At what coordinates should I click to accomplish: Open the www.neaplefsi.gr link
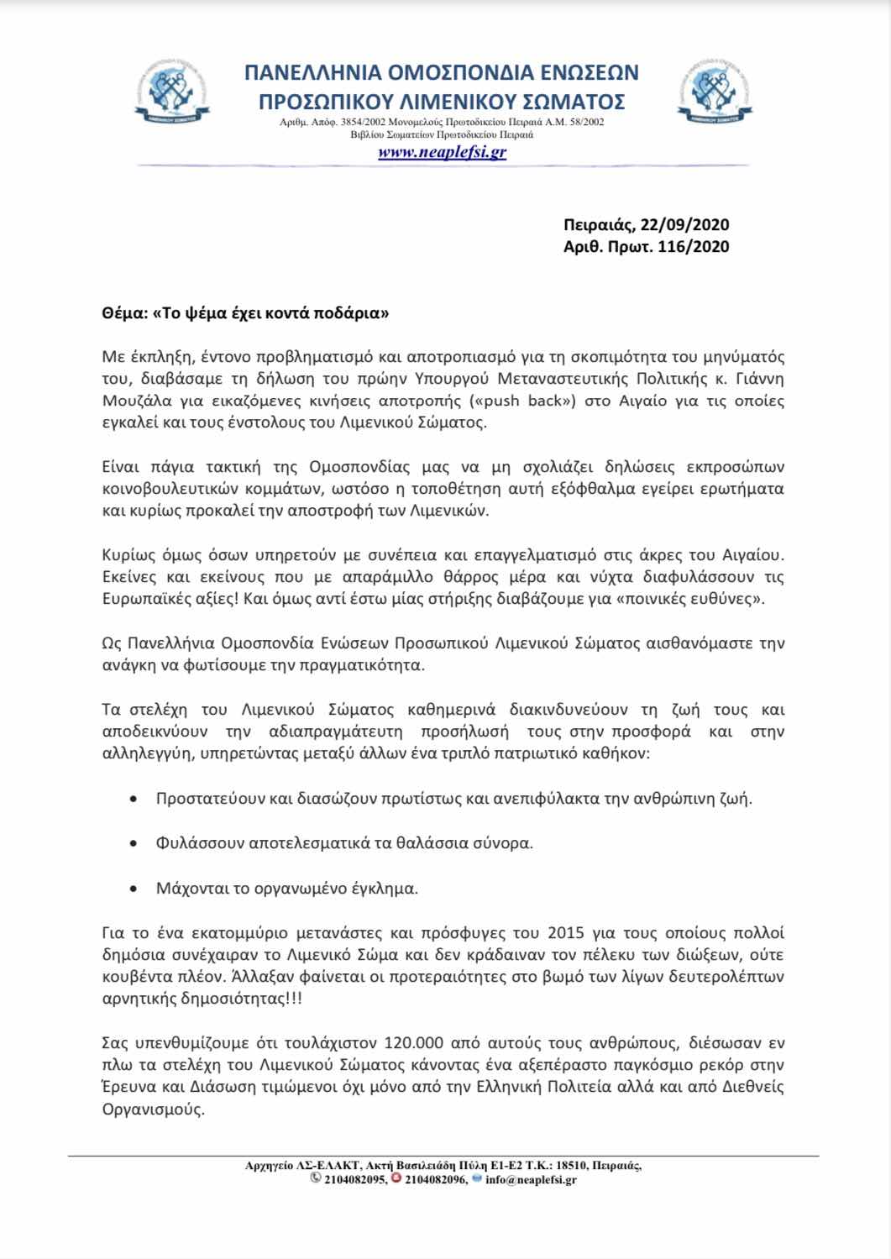442,152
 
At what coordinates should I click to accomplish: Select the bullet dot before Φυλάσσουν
134,842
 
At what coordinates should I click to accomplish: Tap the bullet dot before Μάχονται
134,888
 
